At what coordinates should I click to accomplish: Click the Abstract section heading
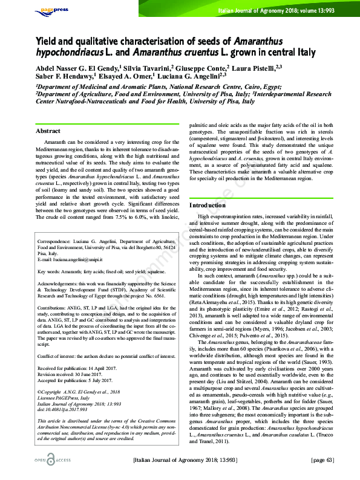click(x=48, y=131)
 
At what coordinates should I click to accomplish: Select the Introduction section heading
click(x=208, y=206)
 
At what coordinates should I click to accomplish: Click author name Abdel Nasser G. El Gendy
click(x=77, y=68)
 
